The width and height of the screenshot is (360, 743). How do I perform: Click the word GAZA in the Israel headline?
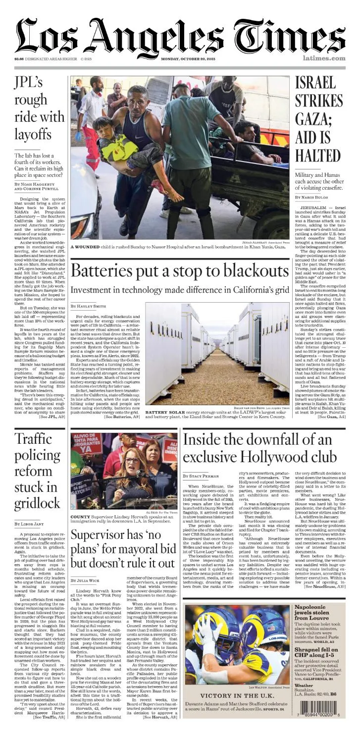pyautogui.click(x=310, y=119)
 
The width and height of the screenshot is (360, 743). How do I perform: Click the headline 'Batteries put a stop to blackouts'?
pyautogui.click(x=179, y=271)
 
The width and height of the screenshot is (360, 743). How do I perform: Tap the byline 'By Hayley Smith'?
pyautogui.click(x=89, y=307)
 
